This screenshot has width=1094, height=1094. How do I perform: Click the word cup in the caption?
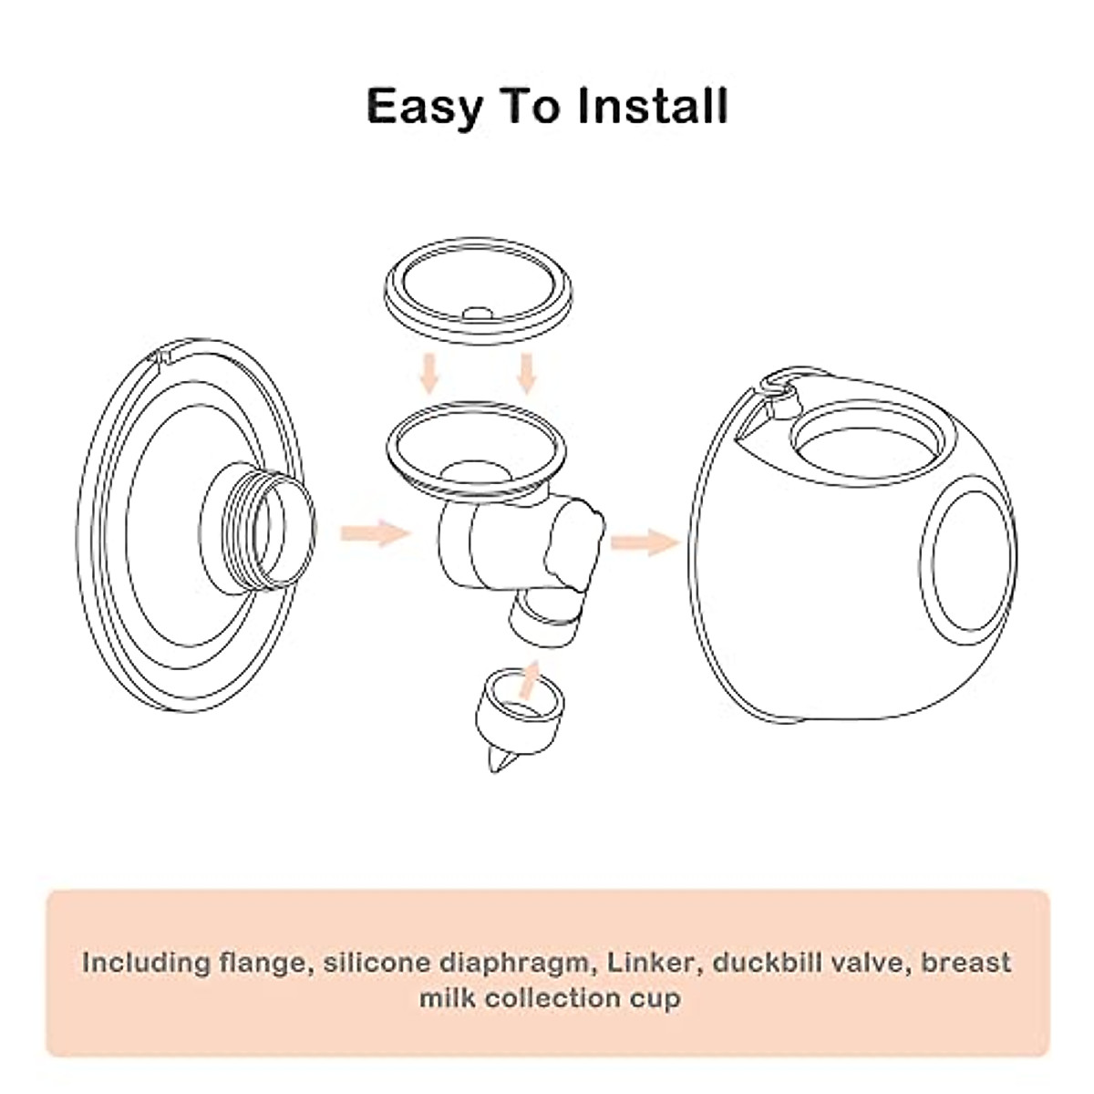pos(654,998)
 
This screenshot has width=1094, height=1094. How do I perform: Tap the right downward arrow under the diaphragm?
pos(527,372)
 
